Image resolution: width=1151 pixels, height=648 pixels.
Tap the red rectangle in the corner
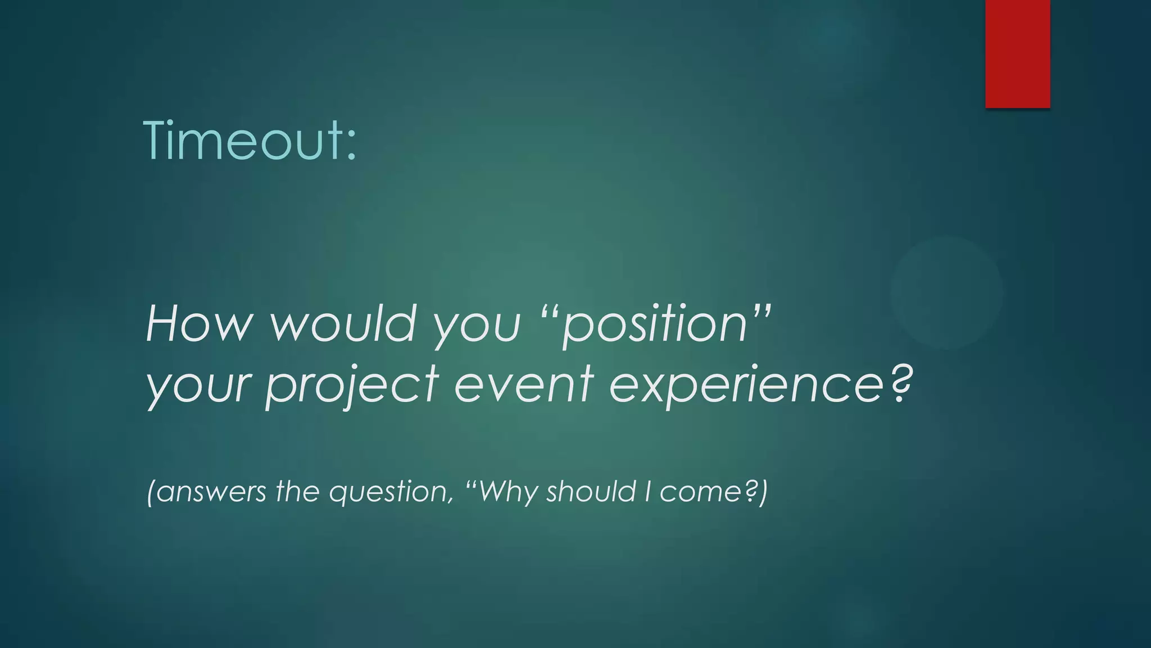point(1017,53)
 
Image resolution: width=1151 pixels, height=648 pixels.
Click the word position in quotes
point(655,326)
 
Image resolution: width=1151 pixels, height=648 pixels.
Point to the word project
point(351,386)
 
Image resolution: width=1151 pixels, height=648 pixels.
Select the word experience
point(747,386)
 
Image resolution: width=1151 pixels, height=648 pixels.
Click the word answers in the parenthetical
point(210,492)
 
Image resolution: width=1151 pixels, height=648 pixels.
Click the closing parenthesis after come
point(763,492)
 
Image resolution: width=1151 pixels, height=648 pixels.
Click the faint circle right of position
point(946,292)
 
